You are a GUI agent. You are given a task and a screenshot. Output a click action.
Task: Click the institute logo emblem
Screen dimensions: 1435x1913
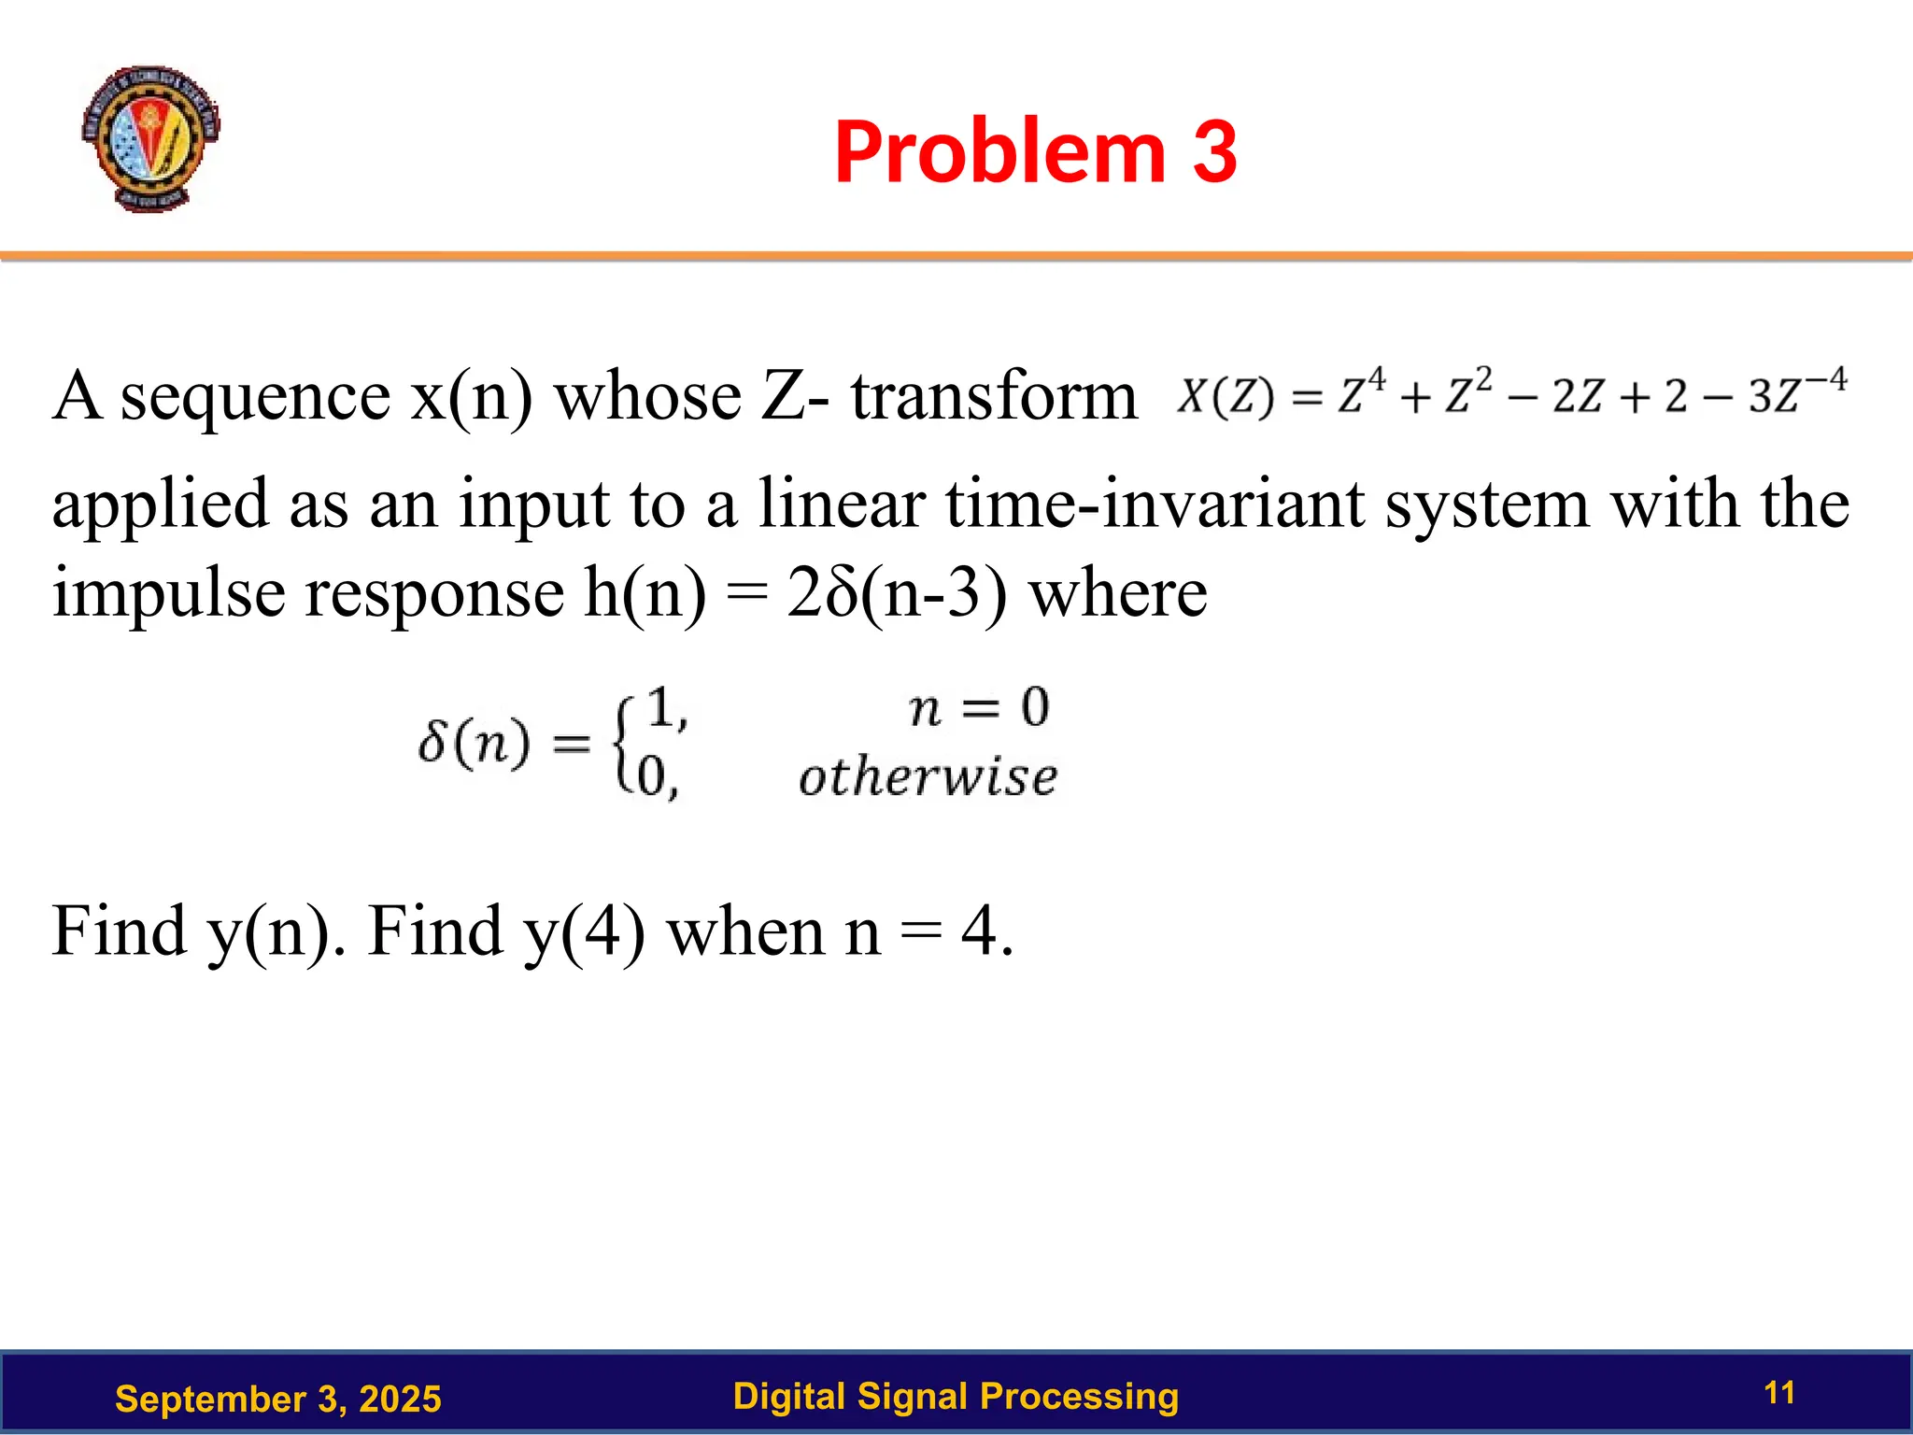pos(150,138)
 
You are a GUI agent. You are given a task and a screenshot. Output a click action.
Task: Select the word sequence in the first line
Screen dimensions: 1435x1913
pos(255,397)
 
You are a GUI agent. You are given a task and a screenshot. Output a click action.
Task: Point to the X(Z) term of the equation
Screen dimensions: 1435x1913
pos(1225,396)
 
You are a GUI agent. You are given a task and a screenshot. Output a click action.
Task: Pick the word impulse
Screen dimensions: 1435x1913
pos(169,594)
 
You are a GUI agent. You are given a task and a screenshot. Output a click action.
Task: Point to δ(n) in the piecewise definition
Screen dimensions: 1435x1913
pos(474,744)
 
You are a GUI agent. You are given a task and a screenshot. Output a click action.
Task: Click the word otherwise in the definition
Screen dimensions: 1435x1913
pos(928,777)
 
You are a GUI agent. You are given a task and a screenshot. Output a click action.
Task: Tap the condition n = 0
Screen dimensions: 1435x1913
pos(979,707)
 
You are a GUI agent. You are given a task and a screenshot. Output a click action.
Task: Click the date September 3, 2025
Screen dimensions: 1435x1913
pos(277,1399)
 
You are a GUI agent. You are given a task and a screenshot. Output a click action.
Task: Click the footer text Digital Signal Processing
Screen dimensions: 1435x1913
pos(956,1396)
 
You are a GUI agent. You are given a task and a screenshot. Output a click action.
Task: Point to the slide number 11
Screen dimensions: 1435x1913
pos(1779,1393)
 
